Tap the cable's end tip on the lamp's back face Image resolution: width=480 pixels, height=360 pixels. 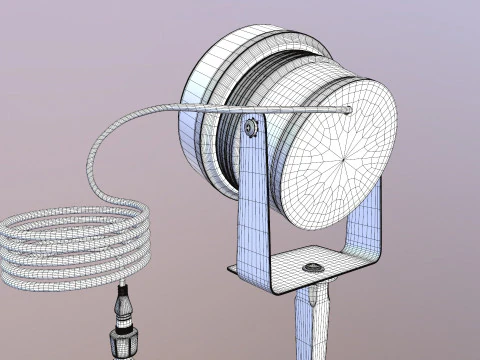click(347, 109)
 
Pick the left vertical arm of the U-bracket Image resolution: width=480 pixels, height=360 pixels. click(254, 200)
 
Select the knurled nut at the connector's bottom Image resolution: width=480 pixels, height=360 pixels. click(125, 343)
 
